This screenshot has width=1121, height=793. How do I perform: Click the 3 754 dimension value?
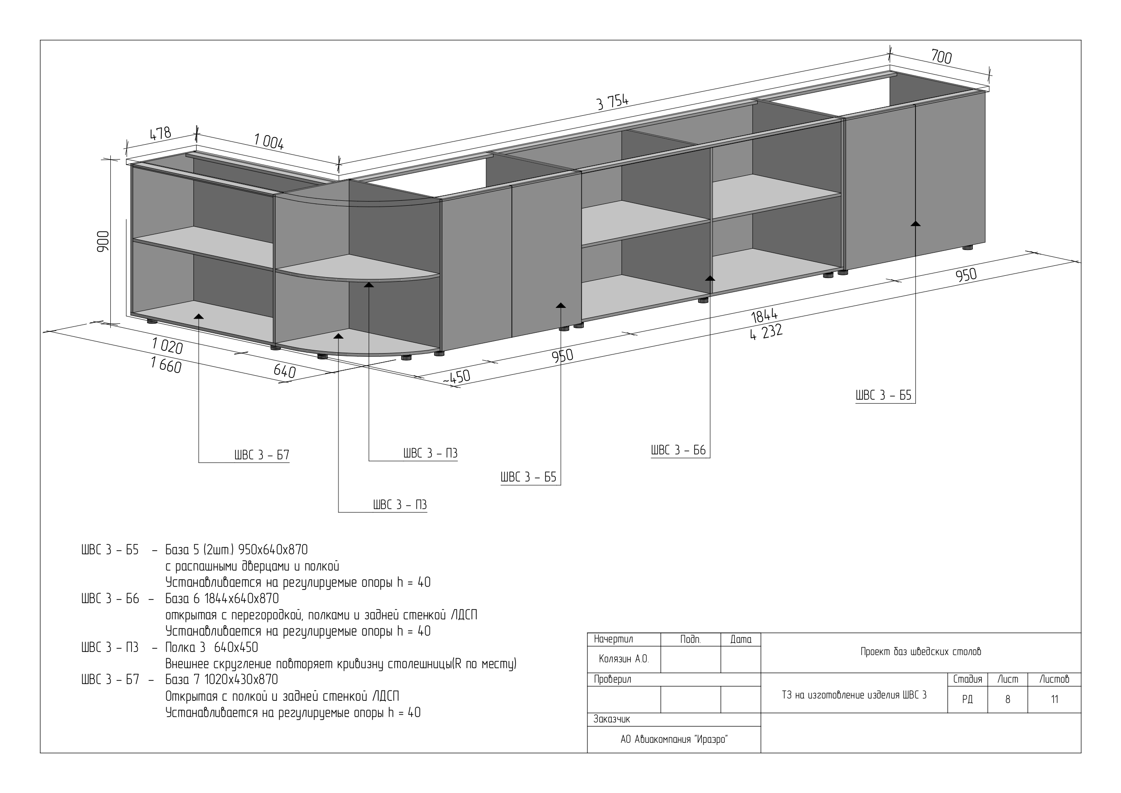coord(613,102)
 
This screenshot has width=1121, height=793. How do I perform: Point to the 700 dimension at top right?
coord(941,57)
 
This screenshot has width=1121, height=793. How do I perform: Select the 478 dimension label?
coord(160,133)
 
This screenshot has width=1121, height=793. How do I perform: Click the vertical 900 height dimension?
coord(103,241)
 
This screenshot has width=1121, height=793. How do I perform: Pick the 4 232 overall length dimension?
coord(767,332)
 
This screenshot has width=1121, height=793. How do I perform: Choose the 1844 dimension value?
coord(765,316)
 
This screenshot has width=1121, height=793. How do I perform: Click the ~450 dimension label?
coord(456,377)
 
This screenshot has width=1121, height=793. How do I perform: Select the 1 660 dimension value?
coord(166,365)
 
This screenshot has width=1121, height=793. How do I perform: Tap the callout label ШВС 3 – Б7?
coord(262,455)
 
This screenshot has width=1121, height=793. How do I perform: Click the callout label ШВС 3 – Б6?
coord(679,450)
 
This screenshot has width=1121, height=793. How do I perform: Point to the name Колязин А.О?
coord(624,659)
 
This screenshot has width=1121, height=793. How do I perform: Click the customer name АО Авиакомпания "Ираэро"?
coord(674,740)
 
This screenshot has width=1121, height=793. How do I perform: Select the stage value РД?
coord(967,700)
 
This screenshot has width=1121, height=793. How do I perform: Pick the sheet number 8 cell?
coord(1008,700)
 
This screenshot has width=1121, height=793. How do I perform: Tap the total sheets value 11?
coord(1055,700)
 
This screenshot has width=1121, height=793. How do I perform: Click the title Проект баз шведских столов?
coord(921,652)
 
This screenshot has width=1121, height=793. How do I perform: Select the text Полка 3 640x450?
coord(212,647)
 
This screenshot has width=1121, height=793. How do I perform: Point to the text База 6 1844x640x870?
coord(222,599)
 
